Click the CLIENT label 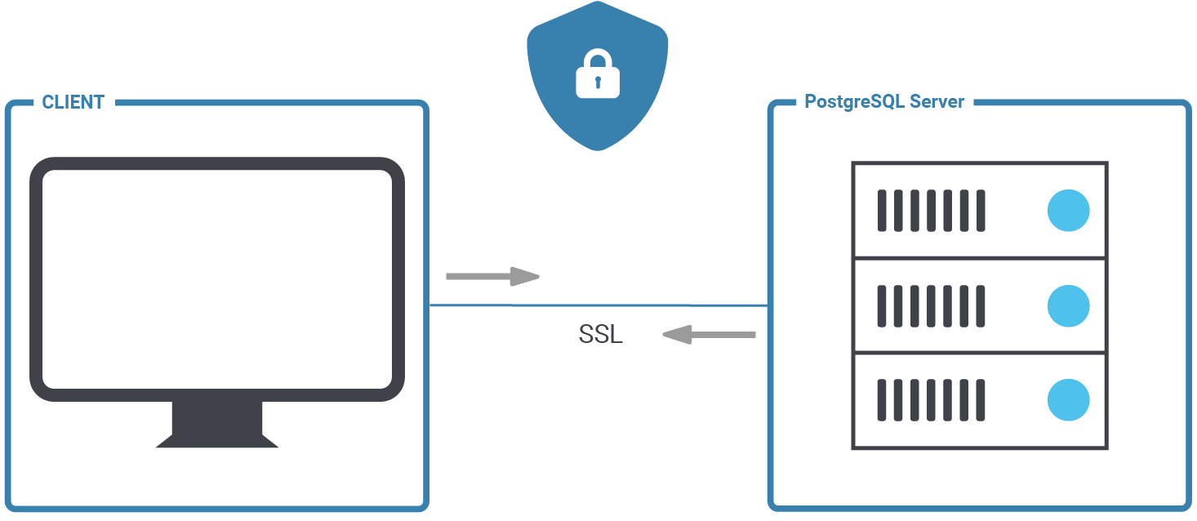(x=73, y=102)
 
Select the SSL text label (x=600, y=335)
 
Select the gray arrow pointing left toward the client (x=709, y=334)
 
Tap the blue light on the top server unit (x=1068, y=210)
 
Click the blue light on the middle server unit (x=1068, y=305)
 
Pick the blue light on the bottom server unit (x=1068, y=400)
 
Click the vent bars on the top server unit (x=931, y=210)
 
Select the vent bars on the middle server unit (x=931, y=305)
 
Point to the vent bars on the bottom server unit (x=931, y=400)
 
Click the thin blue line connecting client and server (x=600, y=305)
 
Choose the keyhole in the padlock (x=598, y=82)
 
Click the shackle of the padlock (x=598, y=59)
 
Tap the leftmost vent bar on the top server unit (x=882, y=210)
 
